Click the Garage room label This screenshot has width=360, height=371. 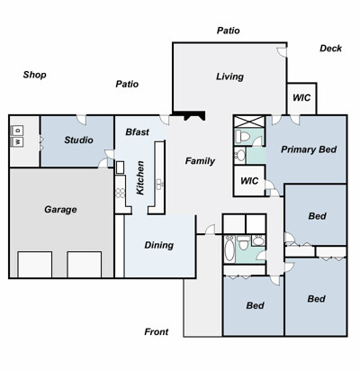60,209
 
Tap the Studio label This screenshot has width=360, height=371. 78,140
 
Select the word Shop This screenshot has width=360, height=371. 34,75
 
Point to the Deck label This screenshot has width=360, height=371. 330,48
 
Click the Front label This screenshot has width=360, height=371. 157,331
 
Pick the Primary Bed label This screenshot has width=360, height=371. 309,149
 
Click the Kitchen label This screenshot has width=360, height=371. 140,177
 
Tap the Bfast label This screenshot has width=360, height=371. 137,131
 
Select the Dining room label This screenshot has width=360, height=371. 159,245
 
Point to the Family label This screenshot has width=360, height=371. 200,161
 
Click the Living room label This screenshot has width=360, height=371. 229,77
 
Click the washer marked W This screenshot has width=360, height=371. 17,141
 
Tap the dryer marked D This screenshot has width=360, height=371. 17,131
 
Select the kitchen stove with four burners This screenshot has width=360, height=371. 121,193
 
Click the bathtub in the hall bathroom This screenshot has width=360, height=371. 229,249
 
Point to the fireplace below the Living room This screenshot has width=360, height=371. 189,115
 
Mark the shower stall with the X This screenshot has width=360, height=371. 249,122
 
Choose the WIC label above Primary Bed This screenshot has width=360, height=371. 301,97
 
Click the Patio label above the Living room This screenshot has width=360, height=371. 229,31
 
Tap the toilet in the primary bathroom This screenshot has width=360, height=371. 243,137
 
